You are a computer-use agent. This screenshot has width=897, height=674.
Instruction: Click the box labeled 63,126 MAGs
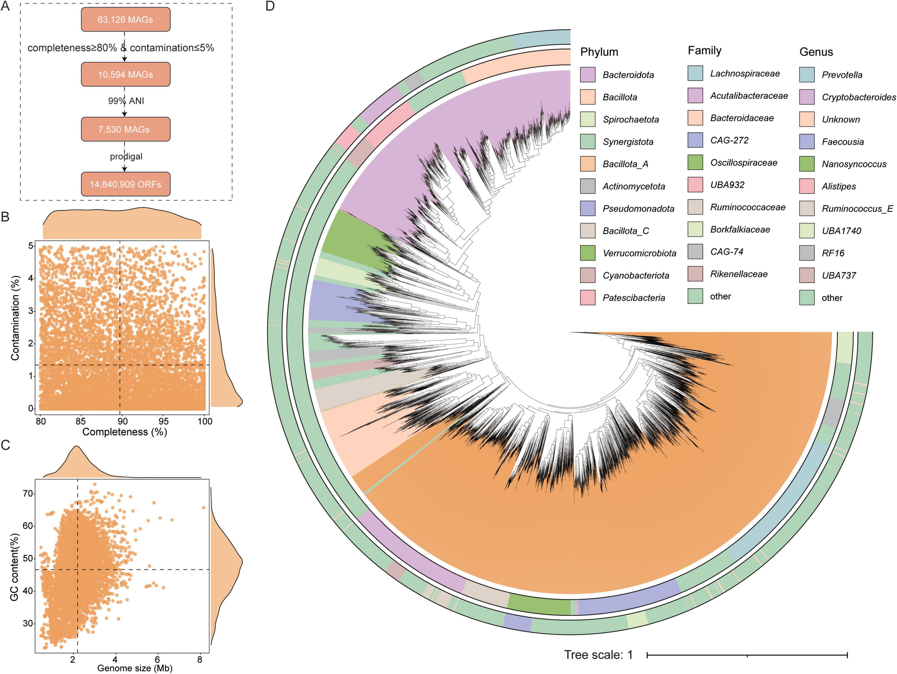click(x=125, y=20)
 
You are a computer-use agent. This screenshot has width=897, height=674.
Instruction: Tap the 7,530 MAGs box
click(x=125, y=129)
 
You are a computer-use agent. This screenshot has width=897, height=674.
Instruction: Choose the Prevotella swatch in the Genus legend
click(x=807, y=75)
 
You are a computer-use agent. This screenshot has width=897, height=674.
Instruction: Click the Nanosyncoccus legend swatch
click(x=807, y=164)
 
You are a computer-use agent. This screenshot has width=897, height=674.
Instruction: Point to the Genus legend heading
click(x=816, y=52)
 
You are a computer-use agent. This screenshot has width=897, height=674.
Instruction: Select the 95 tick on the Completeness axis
click(x=164, y=421)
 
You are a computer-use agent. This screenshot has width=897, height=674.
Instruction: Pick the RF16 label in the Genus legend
click(x=833, y=253)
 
